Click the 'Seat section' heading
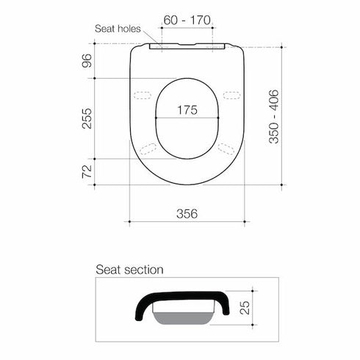click(x=129, y=270)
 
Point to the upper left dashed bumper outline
click(x=145, y=95)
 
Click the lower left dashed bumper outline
click(x=148, y=148)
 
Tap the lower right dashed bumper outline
click(x=227, y=148)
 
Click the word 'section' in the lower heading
click(x=146, y=270)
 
